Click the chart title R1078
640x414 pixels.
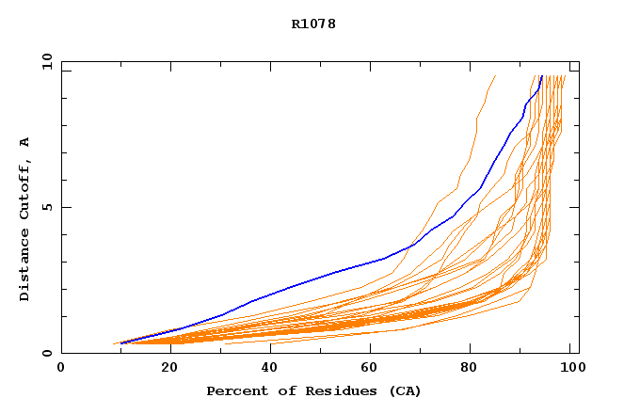[x=313, y=24]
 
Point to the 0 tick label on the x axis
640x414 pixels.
[x=61, y=369]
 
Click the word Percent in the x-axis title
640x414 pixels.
[x=232, y=390]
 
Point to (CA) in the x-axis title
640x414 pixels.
[x=403, y=390]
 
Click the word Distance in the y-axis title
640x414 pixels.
[x=24, y=267]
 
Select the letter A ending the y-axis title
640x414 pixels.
[x=24, y=142]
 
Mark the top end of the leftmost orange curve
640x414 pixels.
[x=496, y=75]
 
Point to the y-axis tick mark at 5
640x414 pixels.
[x=65, y=207]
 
